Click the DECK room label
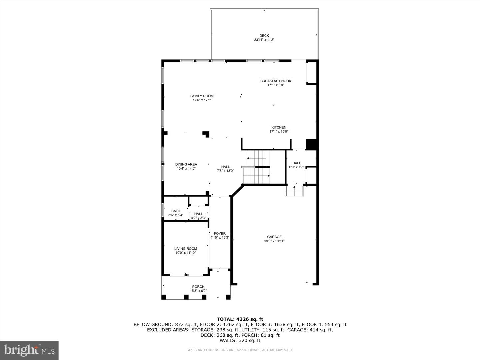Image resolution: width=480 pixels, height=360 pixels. [264, 36]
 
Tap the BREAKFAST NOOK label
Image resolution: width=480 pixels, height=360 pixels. [276, 81]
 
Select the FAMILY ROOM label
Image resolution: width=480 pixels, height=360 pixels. [202, 96]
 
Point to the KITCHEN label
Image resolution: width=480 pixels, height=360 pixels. [279, 127]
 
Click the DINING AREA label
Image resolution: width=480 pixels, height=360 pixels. [186, 164]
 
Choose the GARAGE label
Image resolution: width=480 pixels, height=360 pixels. [274, 237]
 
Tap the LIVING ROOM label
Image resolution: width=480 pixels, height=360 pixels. [186, 249]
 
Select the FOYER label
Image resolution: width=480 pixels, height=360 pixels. [220, 233]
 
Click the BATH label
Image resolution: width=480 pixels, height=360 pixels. [176, 211]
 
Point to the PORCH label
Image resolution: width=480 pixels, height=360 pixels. [198, 287]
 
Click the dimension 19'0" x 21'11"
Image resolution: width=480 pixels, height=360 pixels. [274, 241]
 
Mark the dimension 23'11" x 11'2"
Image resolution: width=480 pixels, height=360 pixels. [264, 40]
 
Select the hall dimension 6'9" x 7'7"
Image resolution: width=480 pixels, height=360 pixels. [297, 167]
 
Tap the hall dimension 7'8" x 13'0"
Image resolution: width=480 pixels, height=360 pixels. [225, 171]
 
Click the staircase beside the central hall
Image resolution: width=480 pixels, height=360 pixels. [256, 167]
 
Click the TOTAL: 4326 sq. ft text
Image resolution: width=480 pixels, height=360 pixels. [240, 319]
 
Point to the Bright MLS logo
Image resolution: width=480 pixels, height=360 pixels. [29, 350]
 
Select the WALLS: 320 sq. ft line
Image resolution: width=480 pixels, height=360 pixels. [240, 340]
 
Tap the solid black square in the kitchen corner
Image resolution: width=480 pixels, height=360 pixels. [311, 144]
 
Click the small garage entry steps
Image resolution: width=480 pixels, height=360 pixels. [294, 191]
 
